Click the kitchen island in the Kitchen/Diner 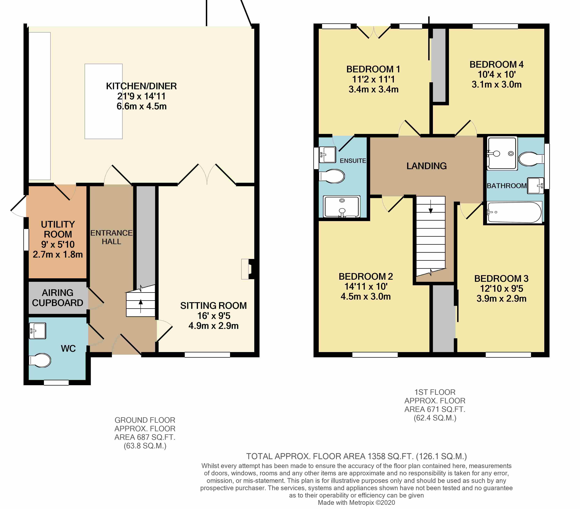[x=103, y=101]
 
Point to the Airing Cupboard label [x=58, y=298]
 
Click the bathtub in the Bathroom [x=514, y=212]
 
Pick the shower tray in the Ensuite [x=342, y=206]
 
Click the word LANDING [x=426, y=166]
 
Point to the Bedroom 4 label [x=496, y=65]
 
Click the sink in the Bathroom [x=535, y=186]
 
